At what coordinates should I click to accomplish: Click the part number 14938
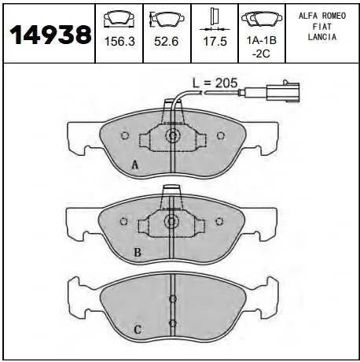click(x=50, y=35)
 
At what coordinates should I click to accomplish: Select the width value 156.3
click(x=119, y=42)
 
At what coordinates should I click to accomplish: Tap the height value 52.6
click(x=166, y=42)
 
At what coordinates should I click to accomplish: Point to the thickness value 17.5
click(x=215, y=42)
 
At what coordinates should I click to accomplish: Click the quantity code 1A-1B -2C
click(x=262, y=47)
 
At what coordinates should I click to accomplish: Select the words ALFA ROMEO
click(x=322, y=16)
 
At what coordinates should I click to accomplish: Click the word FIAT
click(x=322, y=27)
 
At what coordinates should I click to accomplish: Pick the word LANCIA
click(x=322, y=37)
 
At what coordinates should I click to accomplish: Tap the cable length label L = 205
click(x=215, y=83)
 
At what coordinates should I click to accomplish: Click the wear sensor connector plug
click(x=282, y=92)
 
